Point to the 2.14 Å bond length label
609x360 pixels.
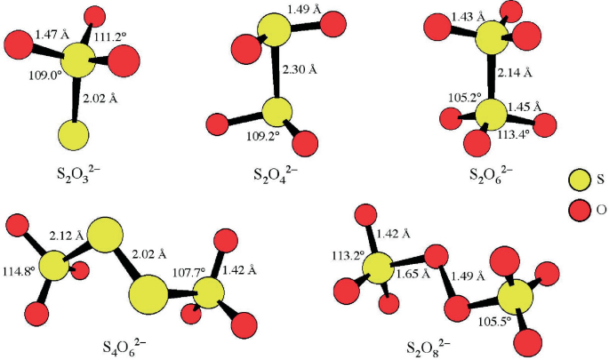pos(515,72)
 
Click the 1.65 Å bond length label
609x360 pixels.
pos(412,275)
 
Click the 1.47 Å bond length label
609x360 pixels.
pos(52,34)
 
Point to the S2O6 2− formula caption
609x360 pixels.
pos(491,171)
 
